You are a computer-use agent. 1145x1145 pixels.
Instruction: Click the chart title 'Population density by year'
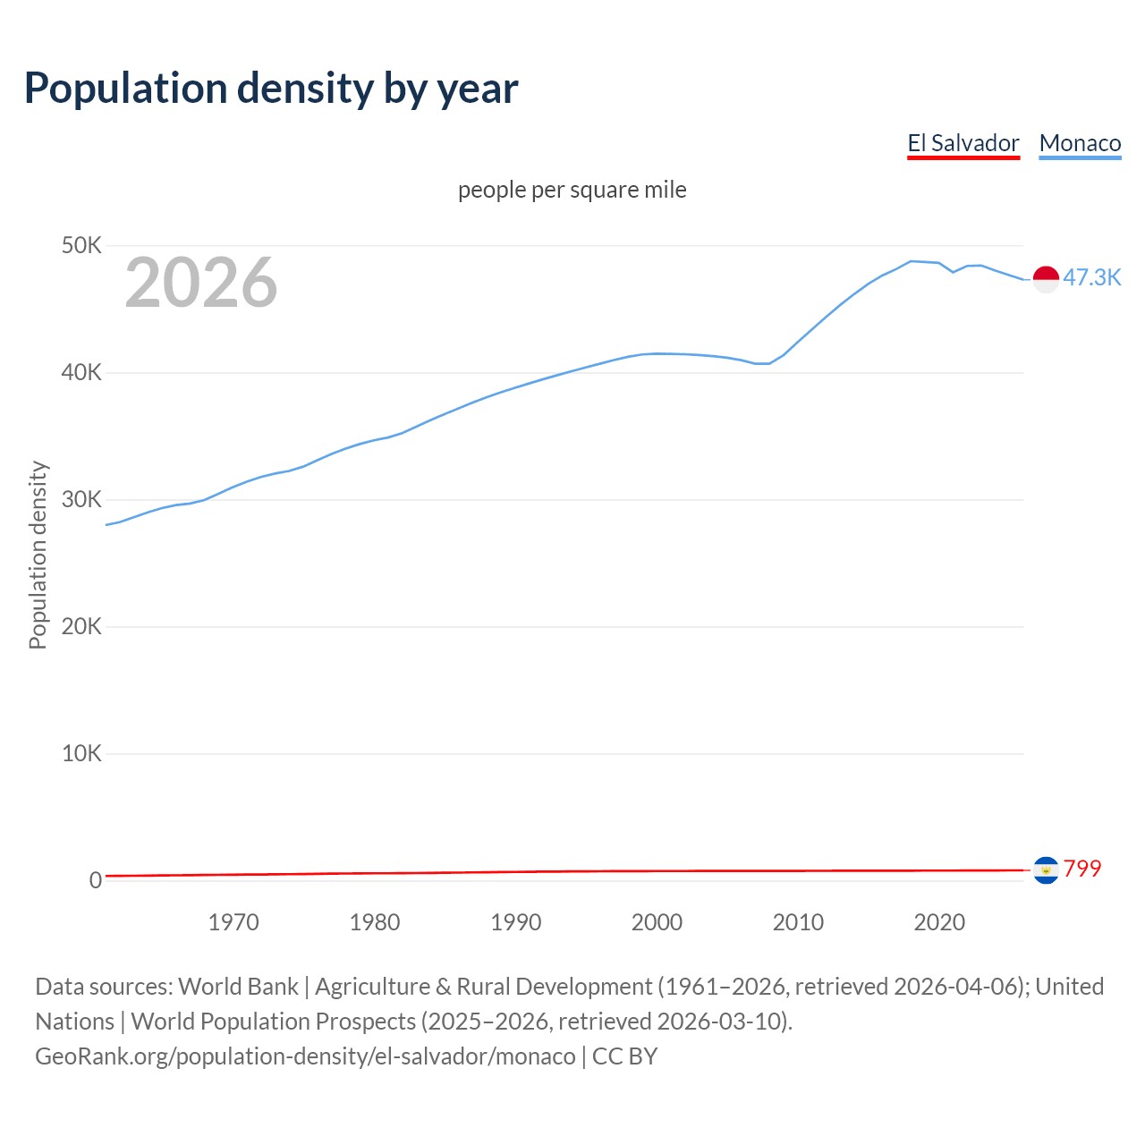271,88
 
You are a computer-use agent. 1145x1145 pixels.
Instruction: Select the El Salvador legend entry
963,143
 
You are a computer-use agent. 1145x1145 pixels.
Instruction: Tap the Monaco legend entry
1080,143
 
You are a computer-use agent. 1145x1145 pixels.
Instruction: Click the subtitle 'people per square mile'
572,190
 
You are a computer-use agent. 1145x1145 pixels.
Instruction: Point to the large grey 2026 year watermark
201,283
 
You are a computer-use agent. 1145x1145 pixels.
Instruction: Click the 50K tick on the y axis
82,245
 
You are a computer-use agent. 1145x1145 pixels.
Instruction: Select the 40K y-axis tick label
82,372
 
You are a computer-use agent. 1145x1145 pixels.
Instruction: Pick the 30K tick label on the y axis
82,499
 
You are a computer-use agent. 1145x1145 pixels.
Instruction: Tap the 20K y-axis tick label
82,626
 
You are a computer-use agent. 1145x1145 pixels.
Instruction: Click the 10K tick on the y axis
82,753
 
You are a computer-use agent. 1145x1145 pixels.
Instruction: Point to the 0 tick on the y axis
95,880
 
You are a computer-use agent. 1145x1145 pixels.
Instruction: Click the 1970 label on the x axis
233,922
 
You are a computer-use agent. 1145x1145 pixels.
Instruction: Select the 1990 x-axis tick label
516,922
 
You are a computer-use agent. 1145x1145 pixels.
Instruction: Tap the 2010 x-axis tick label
798,922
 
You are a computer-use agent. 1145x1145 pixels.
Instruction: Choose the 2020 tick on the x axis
939,922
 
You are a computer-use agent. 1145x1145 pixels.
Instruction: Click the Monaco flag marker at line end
1046,279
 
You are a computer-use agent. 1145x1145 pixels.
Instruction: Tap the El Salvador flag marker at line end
1046,869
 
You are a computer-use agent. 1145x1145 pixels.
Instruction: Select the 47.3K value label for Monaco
1091,277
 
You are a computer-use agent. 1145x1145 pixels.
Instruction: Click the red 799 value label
1082,869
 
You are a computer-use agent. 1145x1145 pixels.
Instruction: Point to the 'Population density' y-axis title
38,555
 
